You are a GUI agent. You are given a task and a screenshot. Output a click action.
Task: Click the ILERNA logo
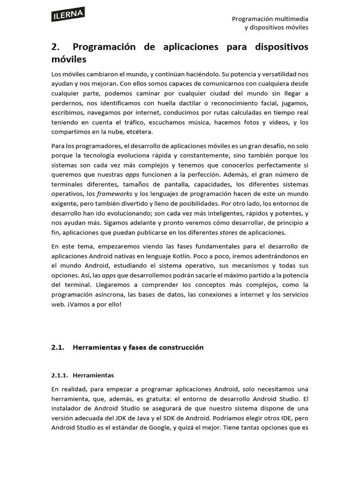pyautogui.click(x=67, y=15)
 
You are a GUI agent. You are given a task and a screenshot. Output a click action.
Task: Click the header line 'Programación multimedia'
pyautogui.click(x=270, y=19)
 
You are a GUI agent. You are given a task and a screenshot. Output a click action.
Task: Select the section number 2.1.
pyautogui.click(x=57, y=347)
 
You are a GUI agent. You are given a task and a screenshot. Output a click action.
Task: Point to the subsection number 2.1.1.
pyautogui.click(x=60, y=375)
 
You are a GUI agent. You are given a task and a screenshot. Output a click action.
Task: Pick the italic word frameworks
pyautogui.click(x=115, y=194)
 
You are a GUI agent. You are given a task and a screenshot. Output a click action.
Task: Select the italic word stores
pyautogui.click(x=229, y=232)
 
